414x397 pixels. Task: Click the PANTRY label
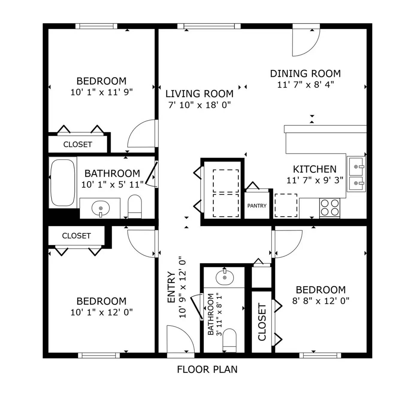pyautogui.click(x=256, y=206)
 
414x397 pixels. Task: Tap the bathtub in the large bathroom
pyautogui.click(x=63, y=183)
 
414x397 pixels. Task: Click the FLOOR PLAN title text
pyautogui.click(x=207, y=369)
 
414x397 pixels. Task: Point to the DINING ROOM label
pyautogui.click(x=305, y=74)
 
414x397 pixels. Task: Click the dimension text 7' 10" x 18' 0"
pyautogui.click(x=199, y=105)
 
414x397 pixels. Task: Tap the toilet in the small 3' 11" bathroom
pyautogui.click(x=229, y=340)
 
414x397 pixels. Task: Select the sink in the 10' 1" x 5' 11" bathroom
pyautogui.click(x=101, y=208)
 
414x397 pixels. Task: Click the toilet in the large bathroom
pyautogui.click(x=135, y=206)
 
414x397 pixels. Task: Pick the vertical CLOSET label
pyautogui.click(x=262, y=322)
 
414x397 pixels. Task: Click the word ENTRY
pyautogui.click(x=171, y=287)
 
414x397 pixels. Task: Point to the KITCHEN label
pyautogui.click(x=315, y=169)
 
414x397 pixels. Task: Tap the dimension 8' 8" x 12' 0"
pyautogui.click(x=321, y=301)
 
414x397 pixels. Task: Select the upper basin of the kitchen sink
pyautogui.click(x=356, y=166)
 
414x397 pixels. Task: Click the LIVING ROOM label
pyautogui.click(x=199, y=94)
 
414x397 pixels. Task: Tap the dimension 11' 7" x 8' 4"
pyautogui.click(x=306, y=85)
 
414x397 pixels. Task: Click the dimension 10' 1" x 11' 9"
pyautogui.click(x=102, y=92)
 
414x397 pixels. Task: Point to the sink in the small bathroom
pyautogui.click(x=225, y=277)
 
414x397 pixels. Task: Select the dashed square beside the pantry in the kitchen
pyautogui.click(x=286, y=205)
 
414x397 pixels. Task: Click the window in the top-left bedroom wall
pyautogui.click(x=96, y=26)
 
